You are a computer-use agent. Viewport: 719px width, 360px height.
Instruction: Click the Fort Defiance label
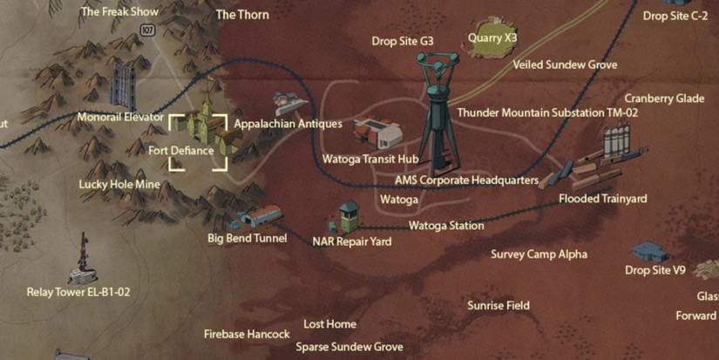click(x=180, y=150)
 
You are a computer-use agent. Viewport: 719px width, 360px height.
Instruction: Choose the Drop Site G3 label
click(x=402, y=40)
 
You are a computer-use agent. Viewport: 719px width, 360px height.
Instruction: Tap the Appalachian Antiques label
click(x=288, y=125)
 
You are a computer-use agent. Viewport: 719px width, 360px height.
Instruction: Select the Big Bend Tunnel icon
click(x=259, y=217)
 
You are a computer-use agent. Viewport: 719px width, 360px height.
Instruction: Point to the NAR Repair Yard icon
click(x=349, y=216)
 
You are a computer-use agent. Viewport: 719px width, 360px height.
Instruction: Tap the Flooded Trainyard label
click(x=602, y=199)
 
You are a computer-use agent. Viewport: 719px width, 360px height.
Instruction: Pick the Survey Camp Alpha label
click(x=539, y=255)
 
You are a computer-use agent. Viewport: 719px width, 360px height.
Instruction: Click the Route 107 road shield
click(x=147, y=31)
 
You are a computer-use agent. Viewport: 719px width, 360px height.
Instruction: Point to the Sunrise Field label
click(x=498, y=306)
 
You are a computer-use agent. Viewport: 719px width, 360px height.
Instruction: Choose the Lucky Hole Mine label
click(x=119, y=184)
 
